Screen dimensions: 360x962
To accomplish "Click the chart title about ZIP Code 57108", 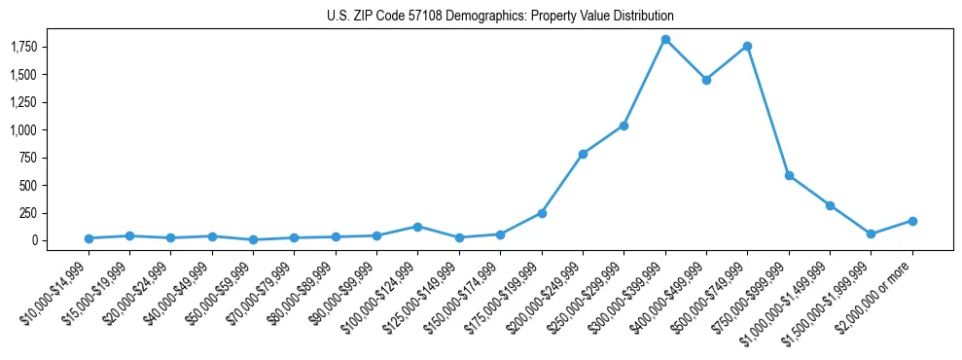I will (x=500, y=17).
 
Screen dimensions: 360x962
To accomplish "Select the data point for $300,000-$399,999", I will (x=665, y=39).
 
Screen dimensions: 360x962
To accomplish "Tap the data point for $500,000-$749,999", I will (x=747, y=46).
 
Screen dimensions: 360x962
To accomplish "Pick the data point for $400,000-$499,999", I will (x=706, y=80).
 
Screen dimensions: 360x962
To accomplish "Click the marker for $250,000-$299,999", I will (x=624, y=126).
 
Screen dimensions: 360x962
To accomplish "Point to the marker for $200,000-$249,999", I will (x=583, y=154).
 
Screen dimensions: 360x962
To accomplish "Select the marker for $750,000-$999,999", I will (x=789, y=175).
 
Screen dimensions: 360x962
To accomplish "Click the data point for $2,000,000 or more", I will (x=912, y=221).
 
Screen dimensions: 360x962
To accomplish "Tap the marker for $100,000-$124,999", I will (x=417, y=227).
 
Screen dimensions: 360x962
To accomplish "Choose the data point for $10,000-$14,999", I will (x=89, y=238).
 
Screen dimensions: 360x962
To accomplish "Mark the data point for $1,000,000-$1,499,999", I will (x=830, y=205).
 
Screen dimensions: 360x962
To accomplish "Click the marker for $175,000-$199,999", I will (x=542, y=213).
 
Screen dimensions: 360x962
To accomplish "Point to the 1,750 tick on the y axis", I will (x=38, y=47).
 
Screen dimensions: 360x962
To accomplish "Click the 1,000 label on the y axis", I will (x=38, y=129).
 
